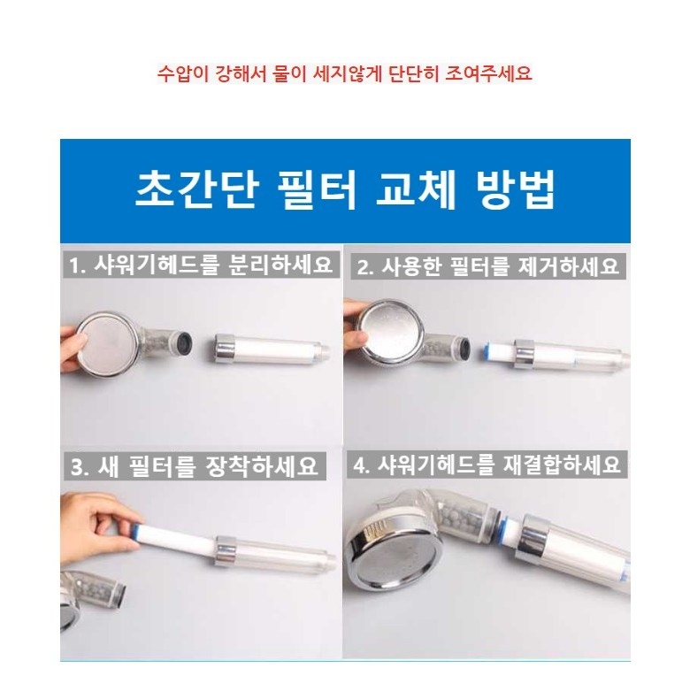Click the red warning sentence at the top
coord(345,73)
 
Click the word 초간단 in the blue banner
coord(196,190)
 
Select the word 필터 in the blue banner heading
coord(318,190)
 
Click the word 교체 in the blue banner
coord(417,190)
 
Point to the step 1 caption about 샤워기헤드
coord(201,265)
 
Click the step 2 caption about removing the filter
coord(487,266)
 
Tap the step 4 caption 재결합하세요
coord(487,465)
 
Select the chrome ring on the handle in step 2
coord(524,353)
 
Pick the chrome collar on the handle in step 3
coord(226,552)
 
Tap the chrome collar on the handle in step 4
coord(533,542)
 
